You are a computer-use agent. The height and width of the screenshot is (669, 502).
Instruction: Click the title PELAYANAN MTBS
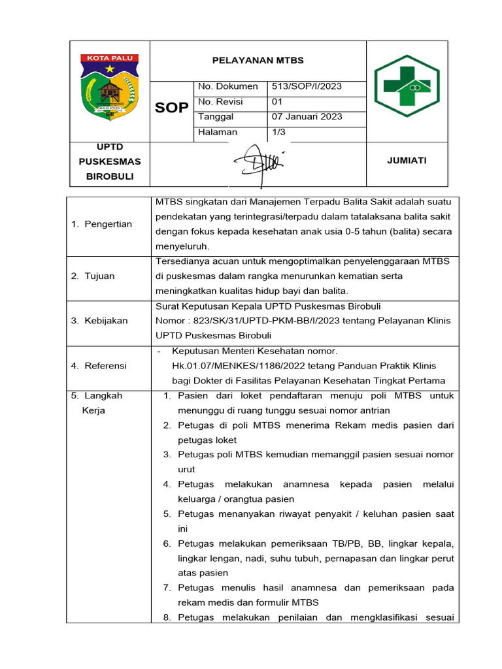(x=258, y=61)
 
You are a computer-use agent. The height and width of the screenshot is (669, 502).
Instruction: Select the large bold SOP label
(x=172, y=108)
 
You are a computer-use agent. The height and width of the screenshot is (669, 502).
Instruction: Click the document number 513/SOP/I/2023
(x=307, y=86)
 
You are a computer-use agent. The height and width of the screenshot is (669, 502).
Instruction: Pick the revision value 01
(x=277, y=101)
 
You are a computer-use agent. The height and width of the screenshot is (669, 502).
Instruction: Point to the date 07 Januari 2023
(x=307, y=117)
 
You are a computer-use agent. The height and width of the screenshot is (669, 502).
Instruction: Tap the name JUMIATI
(x=407, y=161)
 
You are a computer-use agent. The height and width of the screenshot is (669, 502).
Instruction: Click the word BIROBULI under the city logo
(x=110, y=176)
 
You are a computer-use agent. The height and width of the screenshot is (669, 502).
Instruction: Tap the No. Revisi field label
(x=219, y=101)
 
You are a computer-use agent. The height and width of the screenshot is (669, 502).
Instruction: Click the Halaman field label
(x=218, y=132)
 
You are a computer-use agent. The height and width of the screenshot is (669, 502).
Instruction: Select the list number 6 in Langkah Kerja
(x=167, y=544)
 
